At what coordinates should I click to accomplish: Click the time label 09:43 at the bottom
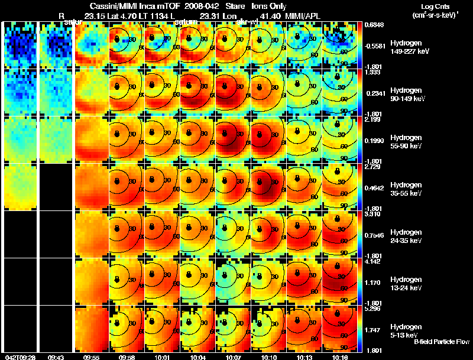[56, 357]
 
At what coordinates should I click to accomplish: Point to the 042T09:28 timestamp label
[20, 357]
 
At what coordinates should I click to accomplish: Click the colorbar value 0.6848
[375, 24]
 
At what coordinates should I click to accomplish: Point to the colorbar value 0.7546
[375, 234]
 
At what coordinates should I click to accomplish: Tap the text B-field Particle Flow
[441, 342]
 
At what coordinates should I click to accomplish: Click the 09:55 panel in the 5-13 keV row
[91, 330]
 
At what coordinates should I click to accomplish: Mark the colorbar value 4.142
[374, 261]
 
